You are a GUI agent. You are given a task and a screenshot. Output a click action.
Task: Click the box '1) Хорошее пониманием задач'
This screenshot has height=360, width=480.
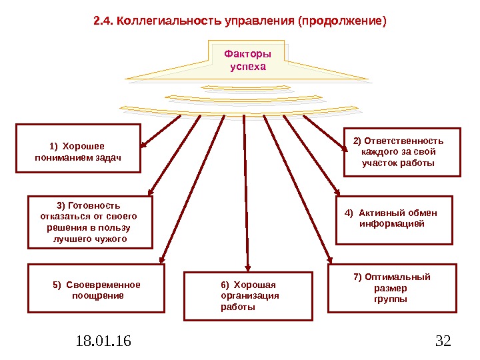click(78, 148)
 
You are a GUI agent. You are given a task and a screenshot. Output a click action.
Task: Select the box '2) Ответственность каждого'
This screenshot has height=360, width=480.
click(402, 151)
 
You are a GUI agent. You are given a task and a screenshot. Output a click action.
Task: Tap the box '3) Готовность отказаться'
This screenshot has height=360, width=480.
click(90, 222)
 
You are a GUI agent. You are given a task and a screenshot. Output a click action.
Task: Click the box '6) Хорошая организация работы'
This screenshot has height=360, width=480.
click(248, 296)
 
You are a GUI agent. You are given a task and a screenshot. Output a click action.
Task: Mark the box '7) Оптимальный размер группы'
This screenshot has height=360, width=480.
click(393, 288)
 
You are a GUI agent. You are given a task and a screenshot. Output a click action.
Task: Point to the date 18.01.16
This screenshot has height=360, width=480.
click(103, 342)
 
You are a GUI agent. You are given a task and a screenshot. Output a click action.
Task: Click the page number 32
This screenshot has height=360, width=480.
click(443, 342)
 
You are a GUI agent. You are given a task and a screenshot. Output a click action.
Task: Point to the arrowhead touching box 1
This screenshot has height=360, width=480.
click(144, 143)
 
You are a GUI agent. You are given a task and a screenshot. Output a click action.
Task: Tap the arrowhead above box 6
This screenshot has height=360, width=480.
click(248, 267)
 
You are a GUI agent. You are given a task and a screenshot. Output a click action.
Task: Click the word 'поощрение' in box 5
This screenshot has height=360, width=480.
click(97, 295)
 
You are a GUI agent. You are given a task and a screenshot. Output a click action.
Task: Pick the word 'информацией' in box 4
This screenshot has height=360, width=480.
click(392, 225)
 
